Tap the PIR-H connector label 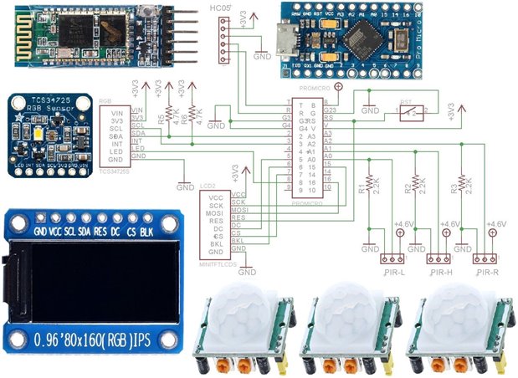440,272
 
